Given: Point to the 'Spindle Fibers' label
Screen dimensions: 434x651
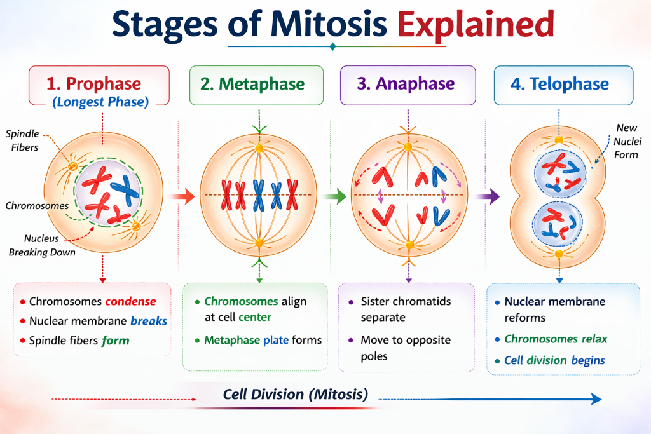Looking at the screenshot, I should pyautogui.click(x=22, y=140).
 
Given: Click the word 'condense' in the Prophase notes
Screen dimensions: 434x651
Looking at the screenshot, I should pyautogui.click(x=130, y=301).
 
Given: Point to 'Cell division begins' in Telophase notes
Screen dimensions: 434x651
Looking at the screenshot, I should pyautogui.click(x=554, y=360).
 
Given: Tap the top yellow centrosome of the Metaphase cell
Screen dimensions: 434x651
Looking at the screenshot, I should pyautogui.click(x=259, y=148).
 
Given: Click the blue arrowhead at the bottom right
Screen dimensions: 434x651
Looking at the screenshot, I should pyautogui.click(x=595, y=398).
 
